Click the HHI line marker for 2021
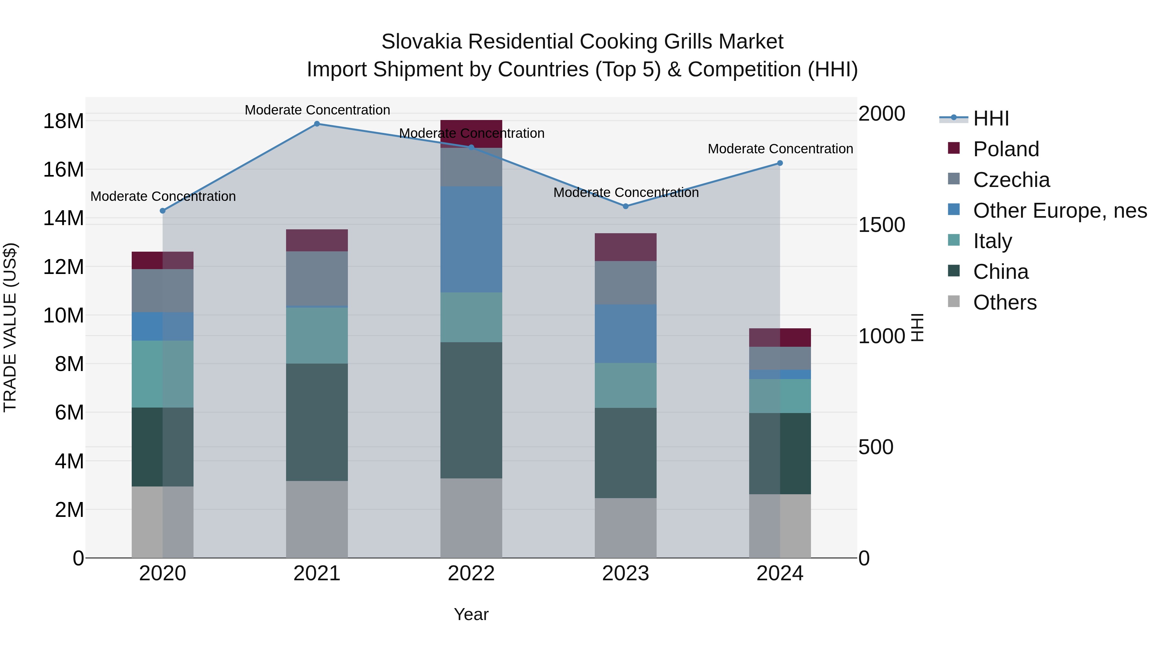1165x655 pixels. click(317, 124)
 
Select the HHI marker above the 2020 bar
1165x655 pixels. click(163, 211)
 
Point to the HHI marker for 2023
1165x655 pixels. click(626, 206)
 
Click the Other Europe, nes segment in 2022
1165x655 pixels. click(471, 240)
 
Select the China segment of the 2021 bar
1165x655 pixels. click(317, 422)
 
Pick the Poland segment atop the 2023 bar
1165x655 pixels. click(626, 247)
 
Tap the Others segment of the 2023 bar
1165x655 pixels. click(626, 528)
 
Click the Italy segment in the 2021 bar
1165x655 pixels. click(317, 335)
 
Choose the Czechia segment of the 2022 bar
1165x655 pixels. click(471, 167)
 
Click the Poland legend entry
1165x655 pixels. click(1006, 149)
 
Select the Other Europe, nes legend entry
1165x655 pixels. click(1060, 211)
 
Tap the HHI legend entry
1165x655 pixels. click(991, 118)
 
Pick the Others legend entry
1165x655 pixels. click(1004, 302)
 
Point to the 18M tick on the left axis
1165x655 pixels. click(63, 121)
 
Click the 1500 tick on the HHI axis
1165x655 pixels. click(882, 225)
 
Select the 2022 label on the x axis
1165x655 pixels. click(471, 573)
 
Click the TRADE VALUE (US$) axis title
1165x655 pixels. click(10, 327)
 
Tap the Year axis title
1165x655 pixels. click(471, 614)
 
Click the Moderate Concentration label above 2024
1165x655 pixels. click(780, 149)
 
